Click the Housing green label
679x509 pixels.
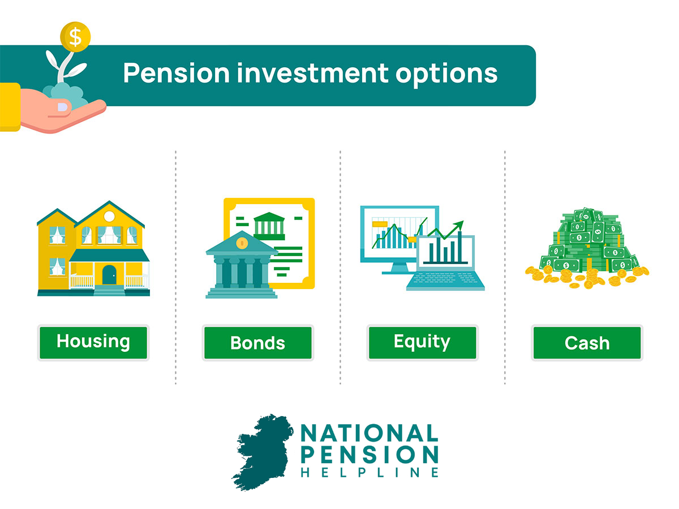pyautogui.click(x=93, y=342)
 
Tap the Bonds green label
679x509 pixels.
pyautogui.click(x=257, y=342)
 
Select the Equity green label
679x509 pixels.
pyautogui.click(x=422, y=342)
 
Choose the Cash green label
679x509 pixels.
pyautogui.click(x=587, y=342)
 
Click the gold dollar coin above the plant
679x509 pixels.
pyautogui.click(x=75, y=37)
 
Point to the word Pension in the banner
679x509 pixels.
pyautogui.click(x=177, y=74)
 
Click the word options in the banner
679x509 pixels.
pyautogui.click(x=446, y=75)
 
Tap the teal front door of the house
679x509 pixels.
pyautogui.click(x=109, y=275)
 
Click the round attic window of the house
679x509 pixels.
pyautogui.click(x=109, y=217)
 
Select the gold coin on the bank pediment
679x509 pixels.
pyautogui.click(x=242, y=243)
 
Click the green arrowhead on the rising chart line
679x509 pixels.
pyautogui.click(x=459, y=225)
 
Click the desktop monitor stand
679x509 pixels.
pyautogui.click(x=398, y=268)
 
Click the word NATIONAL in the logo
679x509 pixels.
pyautogui.click(x=369, y=433)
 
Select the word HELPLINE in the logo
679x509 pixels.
pyautogui.click(x=369, y=473)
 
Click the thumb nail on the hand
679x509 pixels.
pyautogui.click(x=62, y=107)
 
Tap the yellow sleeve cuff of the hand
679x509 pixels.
pyautogui.click(x=10, y=107)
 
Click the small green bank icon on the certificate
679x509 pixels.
pyautogui.click(x=269, y=226)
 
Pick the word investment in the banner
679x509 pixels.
pyautogui.click(x=312, y=74)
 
